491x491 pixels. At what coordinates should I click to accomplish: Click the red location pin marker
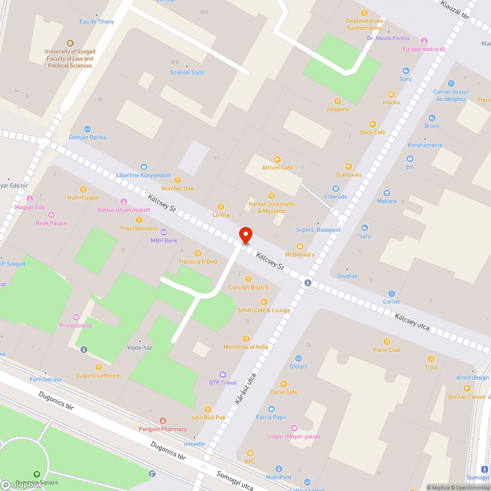[x=245, y=235]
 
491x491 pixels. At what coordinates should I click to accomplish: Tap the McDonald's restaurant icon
[x=300, y=246]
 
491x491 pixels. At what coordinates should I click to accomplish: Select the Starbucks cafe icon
[x=349, y=166]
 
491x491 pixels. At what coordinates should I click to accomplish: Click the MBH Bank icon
[x=164, y=232]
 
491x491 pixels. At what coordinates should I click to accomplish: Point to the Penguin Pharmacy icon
[x=163, y=421]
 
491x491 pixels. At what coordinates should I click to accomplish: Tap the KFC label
[x=250, y=461]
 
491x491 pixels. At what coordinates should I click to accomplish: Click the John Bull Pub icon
[x=208, y=409]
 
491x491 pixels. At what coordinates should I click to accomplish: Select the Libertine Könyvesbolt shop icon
[x=144, y=167]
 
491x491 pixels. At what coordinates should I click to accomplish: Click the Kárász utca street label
[x=245, y=388]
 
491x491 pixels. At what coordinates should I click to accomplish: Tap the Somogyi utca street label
[x=235, y=481]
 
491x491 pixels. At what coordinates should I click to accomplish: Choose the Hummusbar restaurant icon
[x=83, y=189]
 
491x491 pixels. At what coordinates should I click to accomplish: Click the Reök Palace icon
[x=52, y=215]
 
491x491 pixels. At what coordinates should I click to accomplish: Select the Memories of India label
[x=245, y=347]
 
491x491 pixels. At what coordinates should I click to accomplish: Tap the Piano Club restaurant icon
[x=387, y=341]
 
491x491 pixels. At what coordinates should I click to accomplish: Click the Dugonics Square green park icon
[x=37, y=474]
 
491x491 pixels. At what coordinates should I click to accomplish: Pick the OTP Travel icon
[x=223, y=374]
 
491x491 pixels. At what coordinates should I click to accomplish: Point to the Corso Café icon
[x=283, y=383]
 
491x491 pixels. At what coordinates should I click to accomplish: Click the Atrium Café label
[x=277, y=167]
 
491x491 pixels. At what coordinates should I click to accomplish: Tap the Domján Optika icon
[x=87, y=129]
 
